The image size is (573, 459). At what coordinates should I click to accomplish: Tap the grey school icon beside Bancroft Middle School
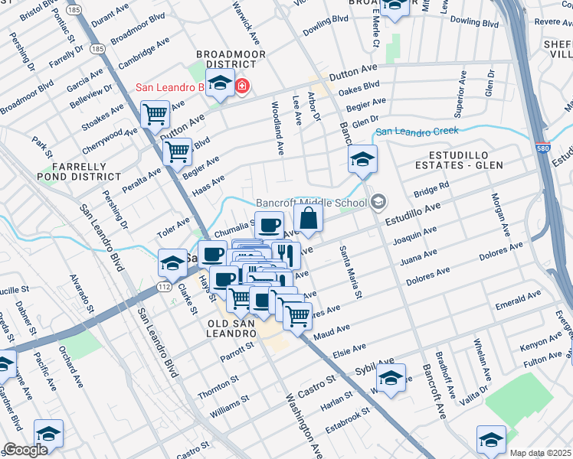coord(378,202)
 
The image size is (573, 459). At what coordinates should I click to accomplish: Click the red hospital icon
coord(242,86)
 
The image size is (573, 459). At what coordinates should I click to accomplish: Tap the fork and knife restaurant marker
coord(286,255)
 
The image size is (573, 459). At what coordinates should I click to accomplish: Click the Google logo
coord(25,450)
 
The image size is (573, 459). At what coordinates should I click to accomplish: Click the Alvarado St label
coord(80,295)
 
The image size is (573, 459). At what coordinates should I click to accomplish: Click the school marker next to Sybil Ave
coord(391,379)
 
